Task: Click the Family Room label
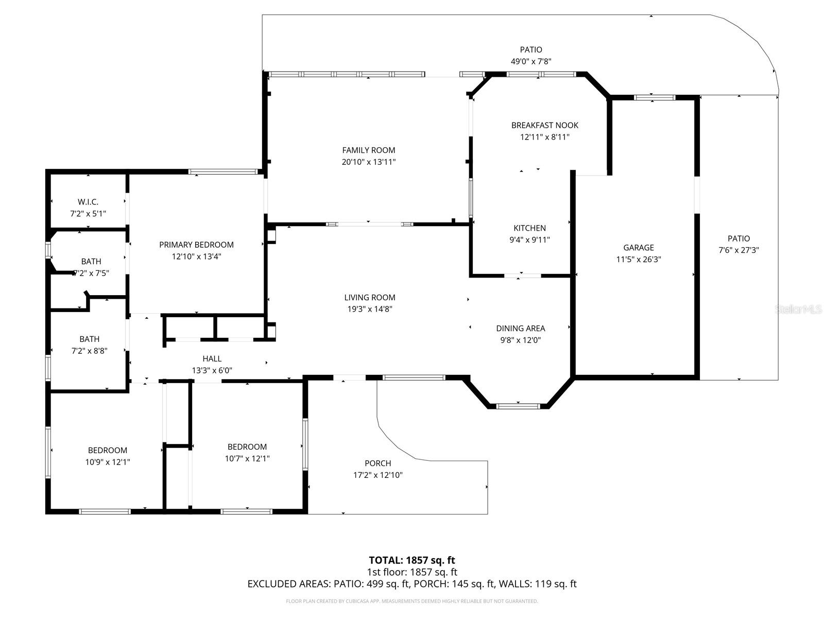[x=369, y=150]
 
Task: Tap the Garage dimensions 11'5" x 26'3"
[x=639, y=260]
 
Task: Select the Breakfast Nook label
[x=544, y=125]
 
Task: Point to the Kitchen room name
[x=529, y=228]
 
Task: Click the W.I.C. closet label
[x=88, y=202]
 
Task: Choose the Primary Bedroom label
[x=196, y=245]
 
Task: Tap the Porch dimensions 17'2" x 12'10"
[x=378, y=475]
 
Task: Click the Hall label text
[x=212, y=358]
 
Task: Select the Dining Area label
[x=520, y=328]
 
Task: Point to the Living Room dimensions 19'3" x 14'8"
[x=370, y=309]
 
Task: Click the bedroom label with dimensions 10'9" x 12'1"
[x=107, y=450]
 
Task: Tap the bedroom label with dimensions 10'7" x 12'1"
[x=247, y=447]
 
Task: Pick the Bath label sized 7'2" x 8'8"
[x=90, y=339]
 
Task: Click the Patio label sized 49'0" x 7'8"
[x=530, y=50]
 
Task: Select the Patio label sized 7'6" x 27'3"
[x=739, y=238]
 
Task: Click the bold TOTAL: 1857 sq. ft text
[x=411, y=560]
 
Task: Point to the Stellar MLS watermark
[x=799, y=309]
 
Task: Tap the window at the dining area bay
[x=518, y=406]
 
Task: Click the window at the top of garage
[x=654, y=97]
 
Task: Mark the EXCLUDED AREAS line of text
[x=411, y=583]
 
